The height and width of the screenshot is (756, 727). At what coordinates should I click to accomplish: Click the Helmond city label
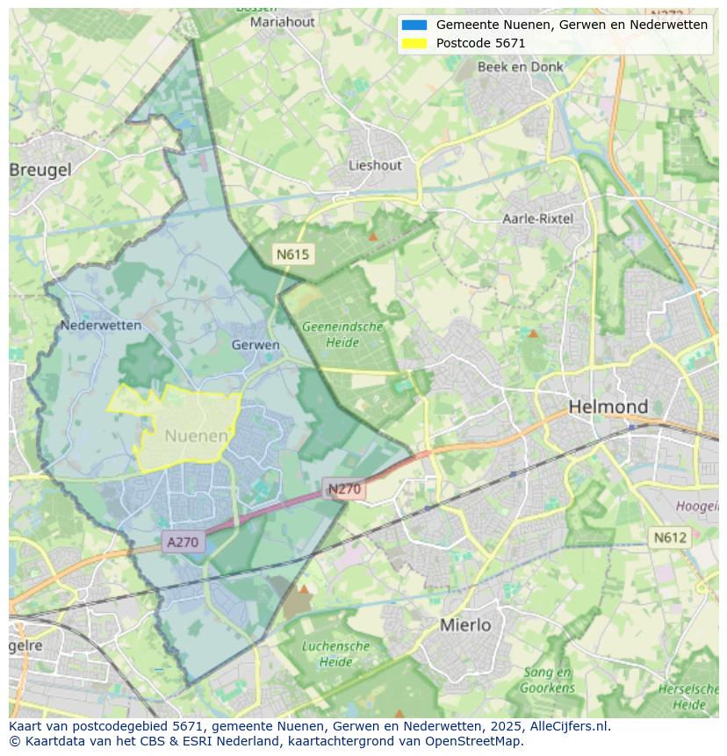tap(608, 407)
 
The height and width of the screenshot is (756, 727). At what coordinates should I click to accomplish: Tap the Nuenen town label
tap(197, 436)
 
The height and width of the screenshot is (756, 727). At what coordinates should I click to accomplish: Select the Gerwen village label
tap(256, 345)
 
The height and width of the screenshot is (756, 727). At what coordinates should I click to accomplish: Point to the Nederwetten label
tap(101, 325)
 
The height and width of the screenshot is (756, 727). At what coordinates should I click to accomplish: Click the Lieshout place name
tap(375, 165)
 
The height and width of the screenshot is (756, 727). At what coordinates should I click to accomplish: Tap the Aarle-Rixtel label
tap(537, 218)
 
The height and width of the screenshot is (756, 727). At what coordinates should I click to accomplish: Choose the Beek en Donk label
tap(521, 67)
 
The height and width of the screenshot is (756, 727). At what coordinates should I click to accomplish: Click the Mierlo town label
tap(465, 625)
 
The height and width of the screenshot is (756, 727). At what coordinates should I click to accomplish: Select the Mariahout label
tap(283, 22)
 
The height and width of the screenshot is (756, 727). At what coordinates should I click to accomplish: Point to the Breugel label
tap(41, 170)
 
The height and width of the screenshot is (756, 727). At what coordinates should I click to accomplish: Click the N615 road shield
tap(292, 255)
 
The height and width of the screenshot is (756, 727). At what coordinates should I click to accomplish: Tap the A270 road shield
tap(183, 542)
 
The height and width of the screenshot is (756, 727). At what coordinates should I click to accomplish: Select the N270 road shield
tap(344, 489)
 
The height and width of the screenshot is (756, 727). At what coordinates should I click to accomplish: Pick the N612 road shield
tap(669, 537)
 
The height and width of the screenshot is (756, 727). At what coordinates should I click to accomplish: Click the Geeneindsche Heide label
tap(342, 334)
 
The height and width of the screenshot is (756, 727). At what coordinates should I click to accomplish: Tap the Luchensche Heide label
tap(335, 653)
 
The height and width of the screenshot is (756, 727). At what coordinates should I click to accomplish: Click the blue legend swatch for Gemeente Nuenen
tap(414, 25)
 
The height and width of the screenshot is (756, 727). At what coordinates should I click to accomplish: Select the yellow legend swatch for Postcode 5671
tap(414, 43)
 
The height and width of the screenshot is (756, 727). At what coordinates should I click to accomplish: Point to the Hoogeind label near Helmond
tap(698, 506)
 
